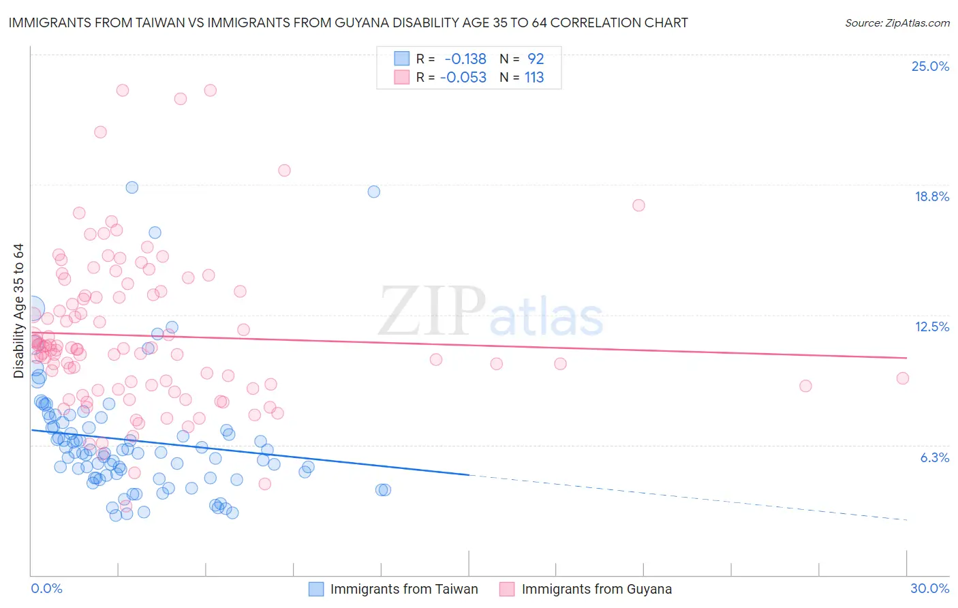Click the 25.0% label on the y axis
click(930, 66)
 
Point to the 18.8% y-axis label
click(931, 196)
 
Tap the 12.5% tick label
click(931, 326)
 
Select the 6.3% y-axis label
click(934, 457)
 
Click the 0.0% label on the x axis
click(46, 588)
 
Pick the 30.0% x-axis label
click(929, 588)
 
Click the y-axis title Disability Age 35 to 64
click(18, 311)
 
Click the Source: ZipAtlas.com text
click(897, 22)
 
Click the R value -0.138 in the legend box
click(465, 59)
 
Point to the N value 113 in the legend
click(534, 77)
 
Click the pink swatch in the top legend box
click(402, 77)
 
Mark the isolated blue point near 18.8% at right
click(373, 192)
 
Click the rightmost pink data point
click(903, 378)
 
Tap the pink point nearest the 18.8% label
click(638, 205)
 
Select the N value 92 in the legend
click(536, 59)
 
